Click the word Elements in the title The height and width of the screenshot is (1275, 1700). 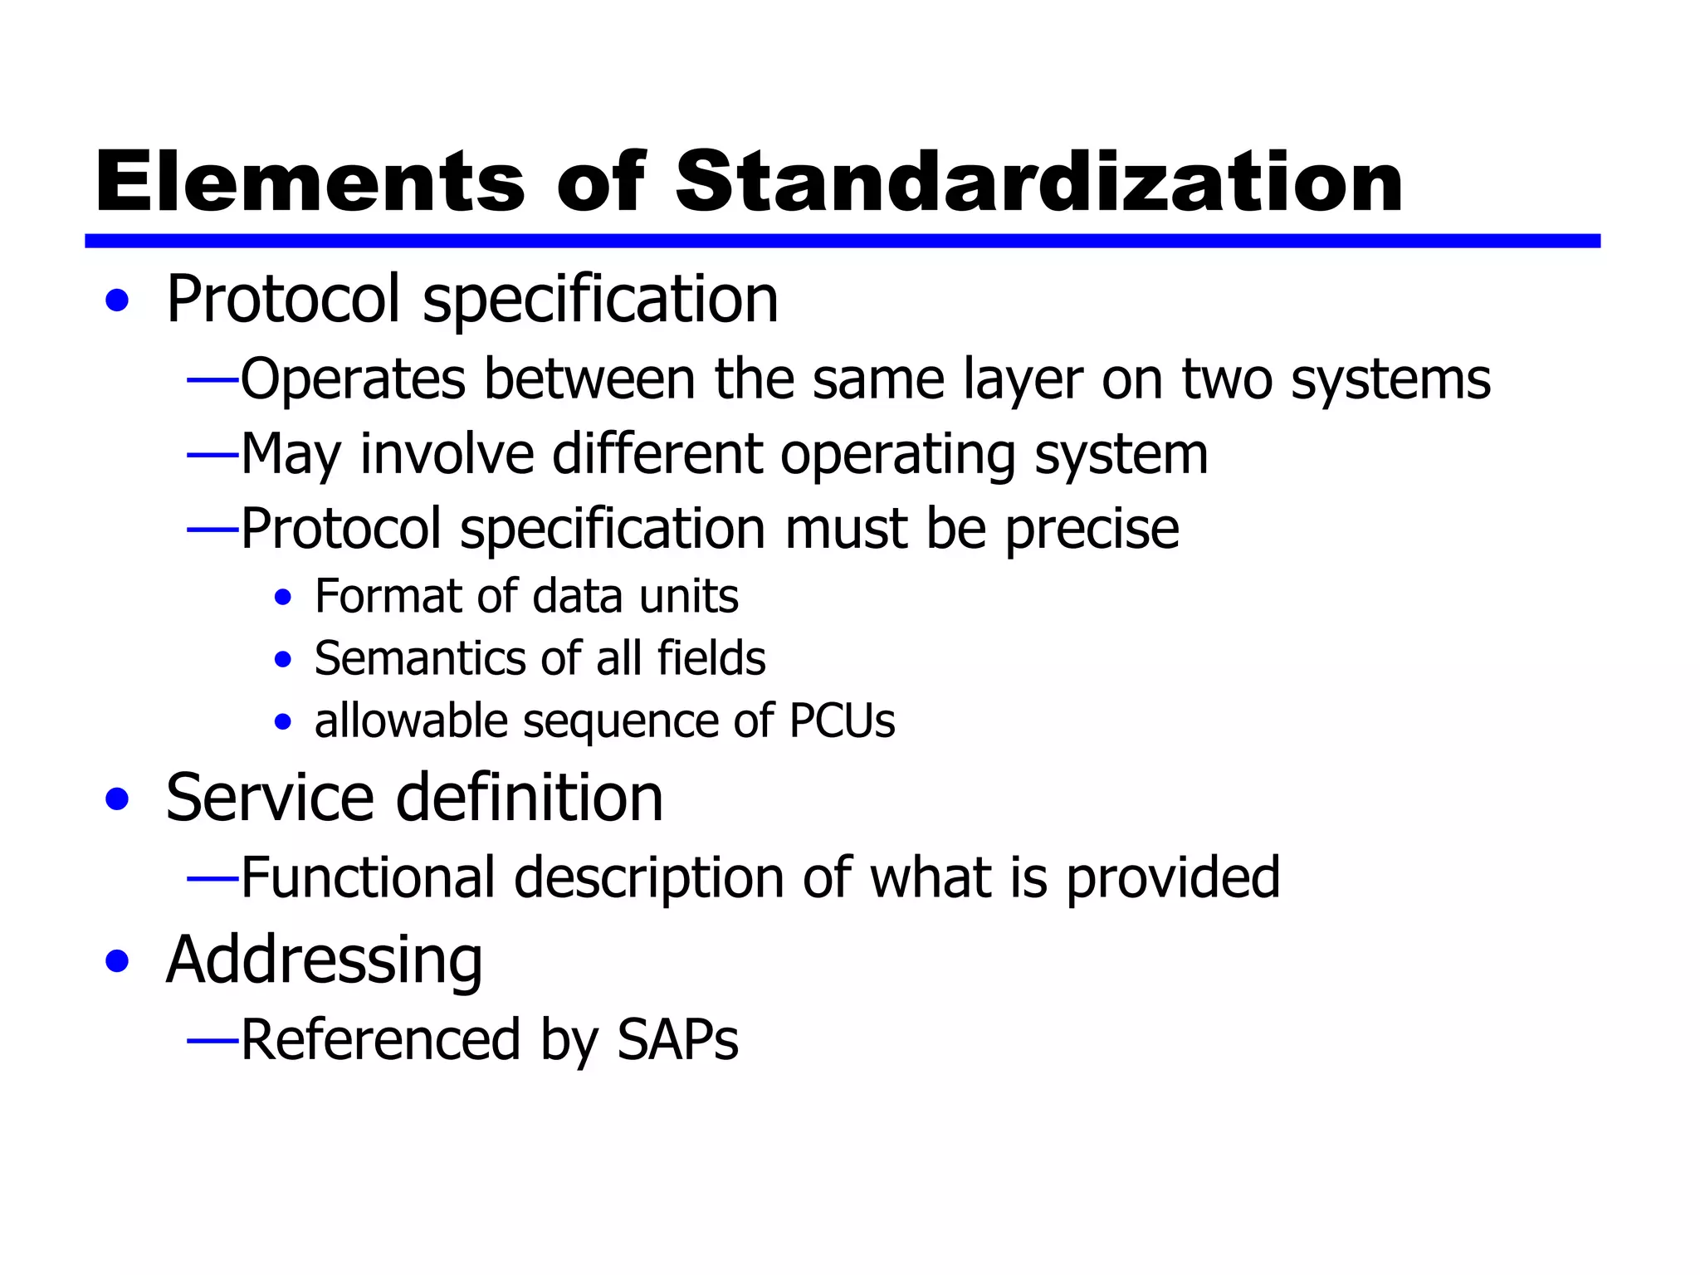310,183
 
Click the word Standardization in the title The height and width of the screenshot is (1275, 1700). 1038,183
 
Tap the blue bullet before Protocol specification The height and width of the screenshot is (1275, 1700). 118,300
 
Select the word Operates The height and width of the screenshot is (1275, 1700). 352,380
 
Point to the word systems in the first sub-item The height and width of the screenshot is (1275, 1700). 1390,380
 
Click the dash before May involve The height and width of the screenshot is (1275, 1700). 212,456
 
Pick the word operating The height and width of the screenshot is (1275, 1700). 897,456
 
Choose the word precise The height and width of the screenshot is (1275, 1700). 1092,530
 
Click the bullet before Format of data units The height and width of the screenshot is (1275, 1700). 283,598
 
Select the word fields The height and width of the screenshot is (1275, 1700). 711,659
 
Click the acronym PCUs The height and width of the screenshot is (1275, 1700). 842,721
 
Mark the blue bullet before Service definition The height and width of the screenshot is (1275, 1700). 118,799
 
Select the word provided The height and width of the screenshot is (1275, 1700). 1173,878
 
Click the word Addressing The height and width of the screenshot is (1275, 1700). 324,960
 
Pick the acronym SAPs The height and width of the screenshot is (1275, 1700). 677,1039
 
